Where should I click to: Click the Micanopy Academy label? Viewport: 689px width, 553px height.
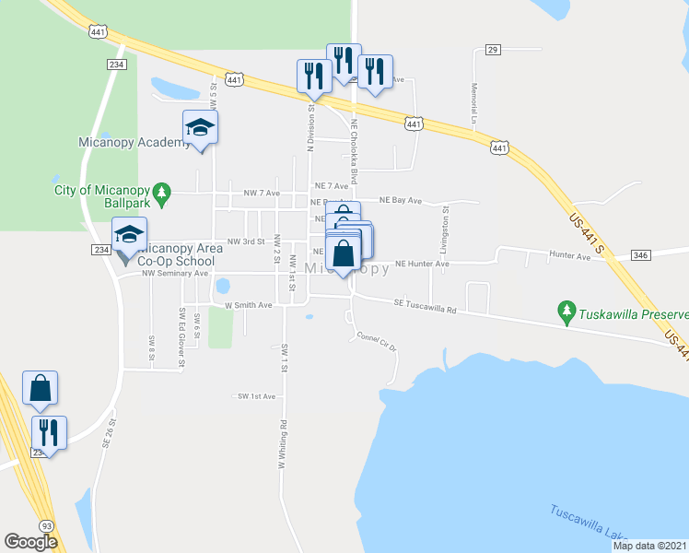[x=122, y=142]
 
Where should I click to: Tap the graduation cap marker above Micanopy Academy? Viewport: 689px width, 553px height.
[x=200, y=127]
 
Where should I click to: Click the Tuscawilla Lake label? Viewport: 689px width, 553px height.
[x=589, y=524]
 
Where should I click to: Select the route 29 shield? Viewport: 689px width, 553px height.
[x=493, y=49]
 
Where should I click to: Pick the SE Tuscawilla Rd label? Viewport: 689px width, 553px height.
[x=425, y=304]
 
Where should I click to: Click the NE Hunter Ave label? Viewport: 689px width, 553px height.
[x=422, y=264]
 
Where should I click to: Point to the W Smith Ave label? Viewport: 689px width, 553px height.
[x=250, y=305]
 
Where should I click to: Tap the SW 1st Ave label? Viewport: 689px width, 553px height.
[x=257, y=396]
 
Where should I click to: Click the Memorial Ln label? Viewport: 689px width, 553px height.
[x=474, y=103]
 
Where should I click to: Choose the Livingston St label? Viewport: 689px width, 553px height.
[x=445, y=223]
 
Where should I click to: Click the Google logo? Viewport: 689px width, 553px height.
[x=31, y=542]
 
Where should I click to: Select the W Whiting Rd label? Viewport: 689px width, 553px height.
[x=281, y=446]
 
